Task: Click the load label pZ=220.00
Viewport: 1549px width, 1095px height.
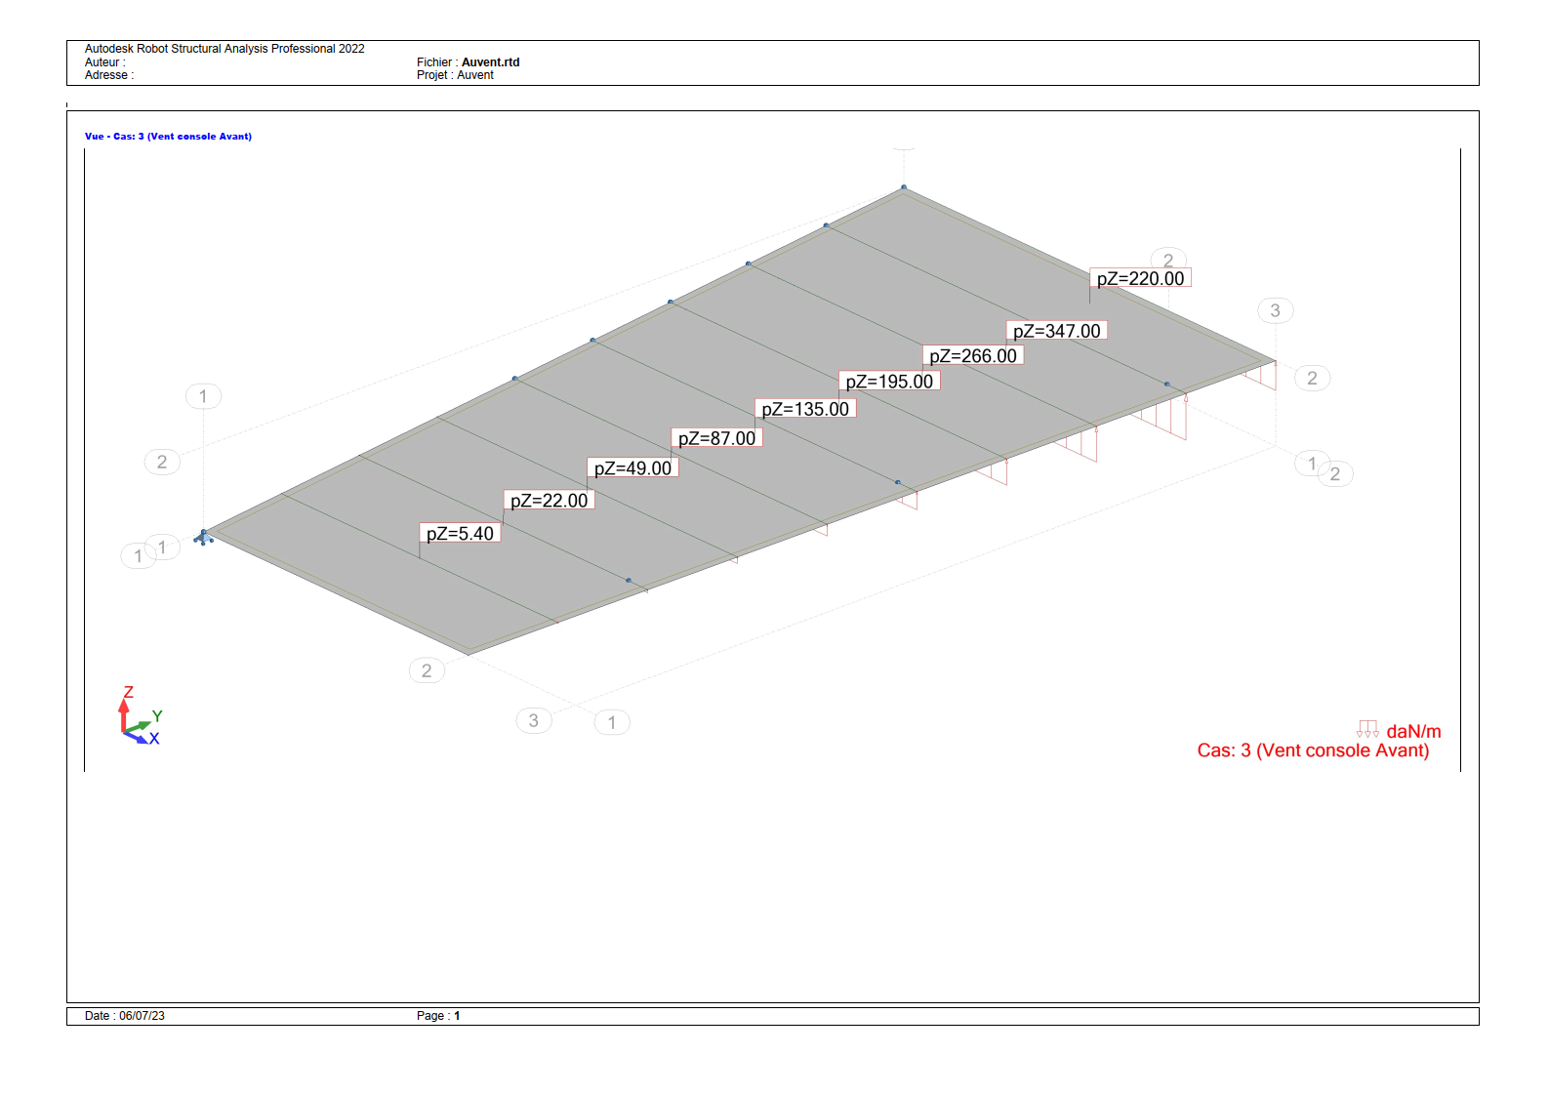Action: click(x=1140, y=278)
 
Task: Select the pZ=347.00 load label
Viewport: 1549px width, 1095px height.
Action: click(x=1056, y=331)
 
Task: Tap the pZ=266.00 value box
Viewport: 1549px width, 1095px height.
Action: click(x=972, y=355)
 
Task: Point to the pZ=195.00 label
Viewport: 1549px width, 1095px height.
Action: click(x=888, y=381)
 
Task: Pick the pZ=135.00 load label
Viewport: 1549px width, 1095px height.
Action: click(x=805, y=409)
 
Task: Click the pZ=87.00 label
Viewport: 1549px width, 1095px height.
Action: click(x=716, y=437)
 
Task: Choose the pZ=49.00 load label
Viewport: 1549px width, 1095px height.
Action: click(x=632, y=467)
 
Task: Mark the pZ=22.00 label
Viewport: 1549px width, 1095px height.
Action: click(x=549, y=500)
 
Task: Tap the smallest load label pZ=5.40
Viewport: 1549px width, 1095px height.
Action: click(x=460, y=533)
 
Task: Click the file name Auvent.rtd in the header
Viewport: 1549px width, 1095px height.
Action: click(x=490, y=62)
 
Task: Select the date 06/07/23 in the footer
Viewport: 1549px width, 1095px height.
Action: click(x=142, y=1016)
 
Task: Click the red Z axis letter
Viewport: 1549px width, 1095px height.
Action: click(x=128, y=692)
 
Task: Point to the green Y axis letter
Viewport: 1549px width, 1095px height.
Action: click(x=157, y=715)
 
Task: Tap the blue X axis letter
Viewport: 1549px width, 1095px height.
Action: click(x=154, y=738)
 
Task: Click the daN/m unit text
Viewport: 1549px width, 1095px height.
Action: click(x=1413, y=731)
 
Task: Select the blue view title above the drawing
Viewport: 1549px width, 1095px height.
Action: click(x=168, y=137)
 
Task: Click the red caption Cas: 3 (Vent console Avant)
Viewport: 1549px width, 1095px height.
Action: click(x=1313, y=750)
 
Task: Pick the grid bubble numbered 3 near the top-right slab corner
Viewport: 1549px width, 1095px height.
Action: click(x=1275, y=310)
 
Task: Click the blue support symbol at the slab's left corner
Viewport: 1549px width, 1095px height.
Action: click(x=203, y=537)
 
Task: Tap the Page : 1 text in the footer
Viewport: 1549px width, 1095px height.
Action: click(x=437, y=1016)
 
